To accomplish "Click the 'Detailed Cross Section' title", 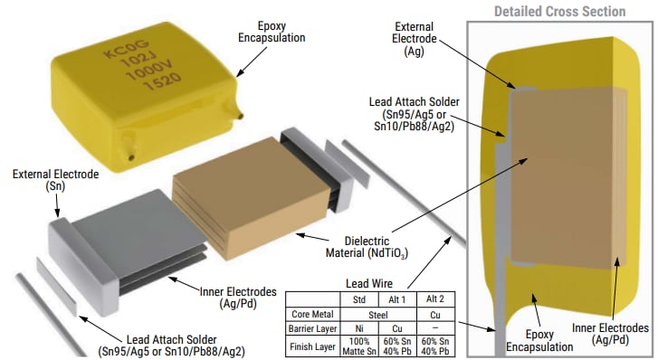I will tap(558, 12).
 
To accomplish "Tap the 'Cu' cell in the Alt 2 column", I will tap(435, 313).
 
